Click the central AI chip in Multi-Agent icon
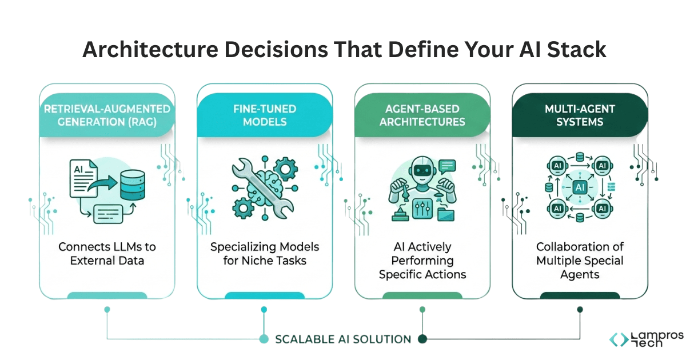[580, 187]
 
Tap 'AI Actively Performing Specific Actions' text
[422, 261]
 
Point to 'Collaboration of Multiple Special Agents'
[580, 261]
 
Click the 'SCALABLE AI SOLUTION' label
[343, 339]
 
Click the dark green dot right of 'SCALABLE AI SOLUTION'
[422, 339]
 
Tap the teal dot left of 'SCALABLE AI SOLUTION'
[264, 339]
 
